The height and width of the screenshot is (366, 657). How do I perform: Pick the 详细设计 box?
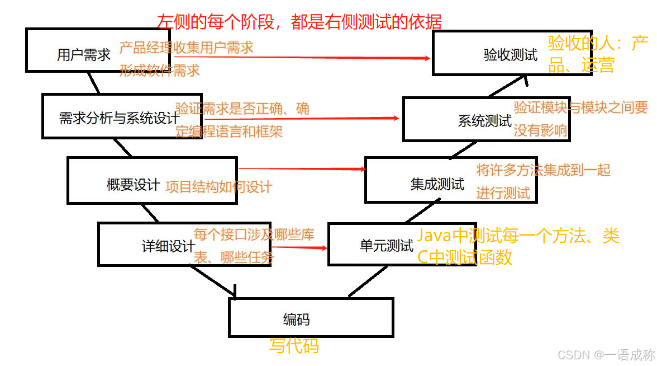pyautogui.click(x=168, y=246)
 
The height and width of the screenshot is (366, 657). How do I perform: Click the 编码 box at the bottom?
pyautogui.click(x=311, y=319)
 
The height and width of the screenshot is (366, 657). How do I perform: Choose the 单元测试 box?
pyautogui.click(x=386, y=245)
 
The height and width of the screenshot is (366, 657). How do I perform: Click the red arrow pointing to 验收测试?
pyautogui.click(x=335, y=57)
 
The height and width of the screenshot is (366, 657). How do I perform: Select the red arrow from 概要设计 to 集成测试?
pyautogui.click(x=302, y=168)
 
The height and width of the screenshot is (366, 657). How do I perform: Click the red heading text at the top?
pyautogui.click(x=299, y=21)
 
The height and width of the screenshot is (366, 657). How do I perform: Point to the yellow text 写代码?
pyautogui.click(x=294, y=346)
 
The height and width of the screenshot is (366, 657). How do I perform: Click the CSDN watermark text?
pyautogui.click(x=606, y=355)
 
